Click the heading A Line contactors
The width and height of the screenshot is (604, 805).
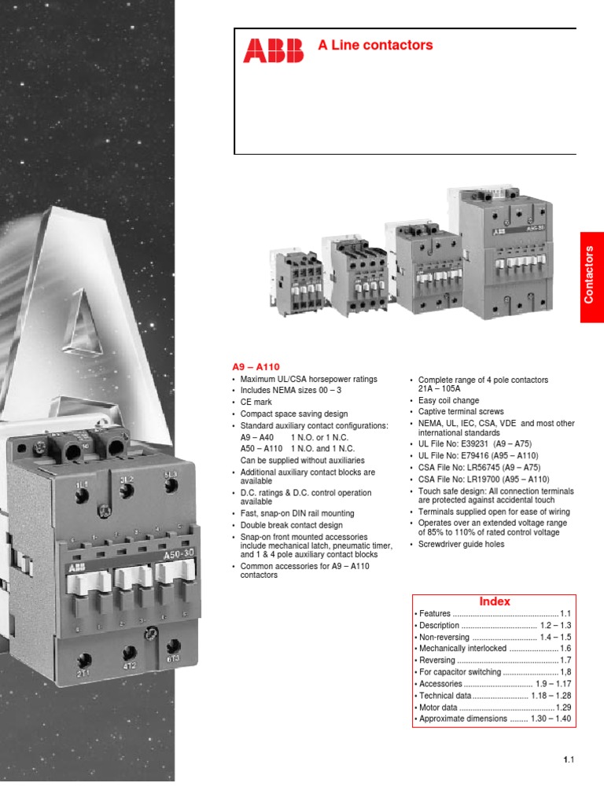tap(375, 46)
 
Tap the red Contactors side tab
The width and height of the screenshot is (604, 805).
tap(591, 276)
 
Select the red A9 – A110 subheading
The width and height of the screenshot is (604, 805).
tap(256, 367)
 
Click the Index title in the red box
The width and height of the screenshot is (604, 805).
tap(495, 601)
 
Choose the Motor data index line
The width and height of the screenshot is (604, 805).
tap(443, 708)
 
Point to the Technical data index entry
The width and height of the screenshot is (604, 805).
tap(446, 696)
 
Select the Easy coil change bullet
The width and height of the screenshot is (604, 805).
tap(448, 401)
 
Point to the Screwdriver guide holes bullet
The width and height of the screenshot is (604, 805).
tap(462, 544)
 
